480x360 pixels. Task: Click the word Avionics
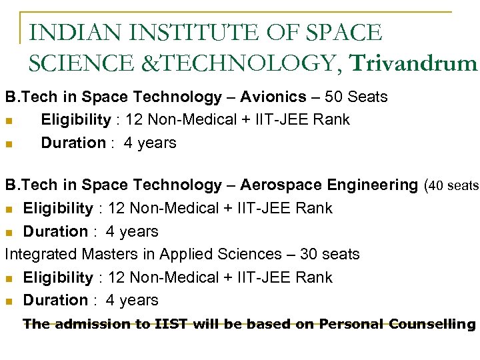click(275, 97)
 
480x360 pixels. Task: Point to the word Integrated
click(41, 254)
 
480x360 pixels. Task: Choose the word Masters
click(107, 254)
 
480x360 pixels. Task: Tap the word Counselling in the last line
click(434, 325)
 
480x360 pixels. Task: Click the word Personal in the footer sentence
click(351, 325)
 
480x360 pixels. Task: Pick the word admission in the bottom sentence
click(85, 325)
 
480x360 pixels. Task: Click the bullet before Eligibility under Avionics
click(9, 121)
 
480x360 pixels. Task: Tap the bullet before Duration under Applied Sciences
click(9, 301)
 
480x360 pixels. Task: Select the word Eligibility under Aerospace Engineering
click(58, 208)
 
